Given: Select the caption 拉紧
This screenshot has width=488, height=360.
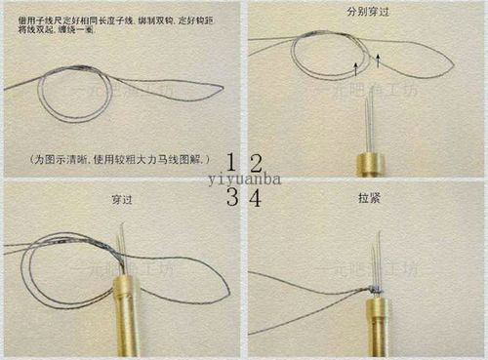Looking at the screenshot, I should pos(369,198).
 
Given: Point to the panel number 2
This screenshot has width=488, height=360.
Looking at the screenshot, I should pos(255,162).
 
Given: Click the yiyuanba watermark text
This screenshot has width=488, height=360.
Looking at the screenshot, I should pos(243,180).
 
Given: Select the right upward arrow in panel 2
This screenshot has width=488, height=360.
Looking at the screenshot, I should pos(377,60).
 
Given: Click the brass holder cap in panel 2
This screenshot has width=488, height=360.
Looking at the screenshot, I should pos(369,162).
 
